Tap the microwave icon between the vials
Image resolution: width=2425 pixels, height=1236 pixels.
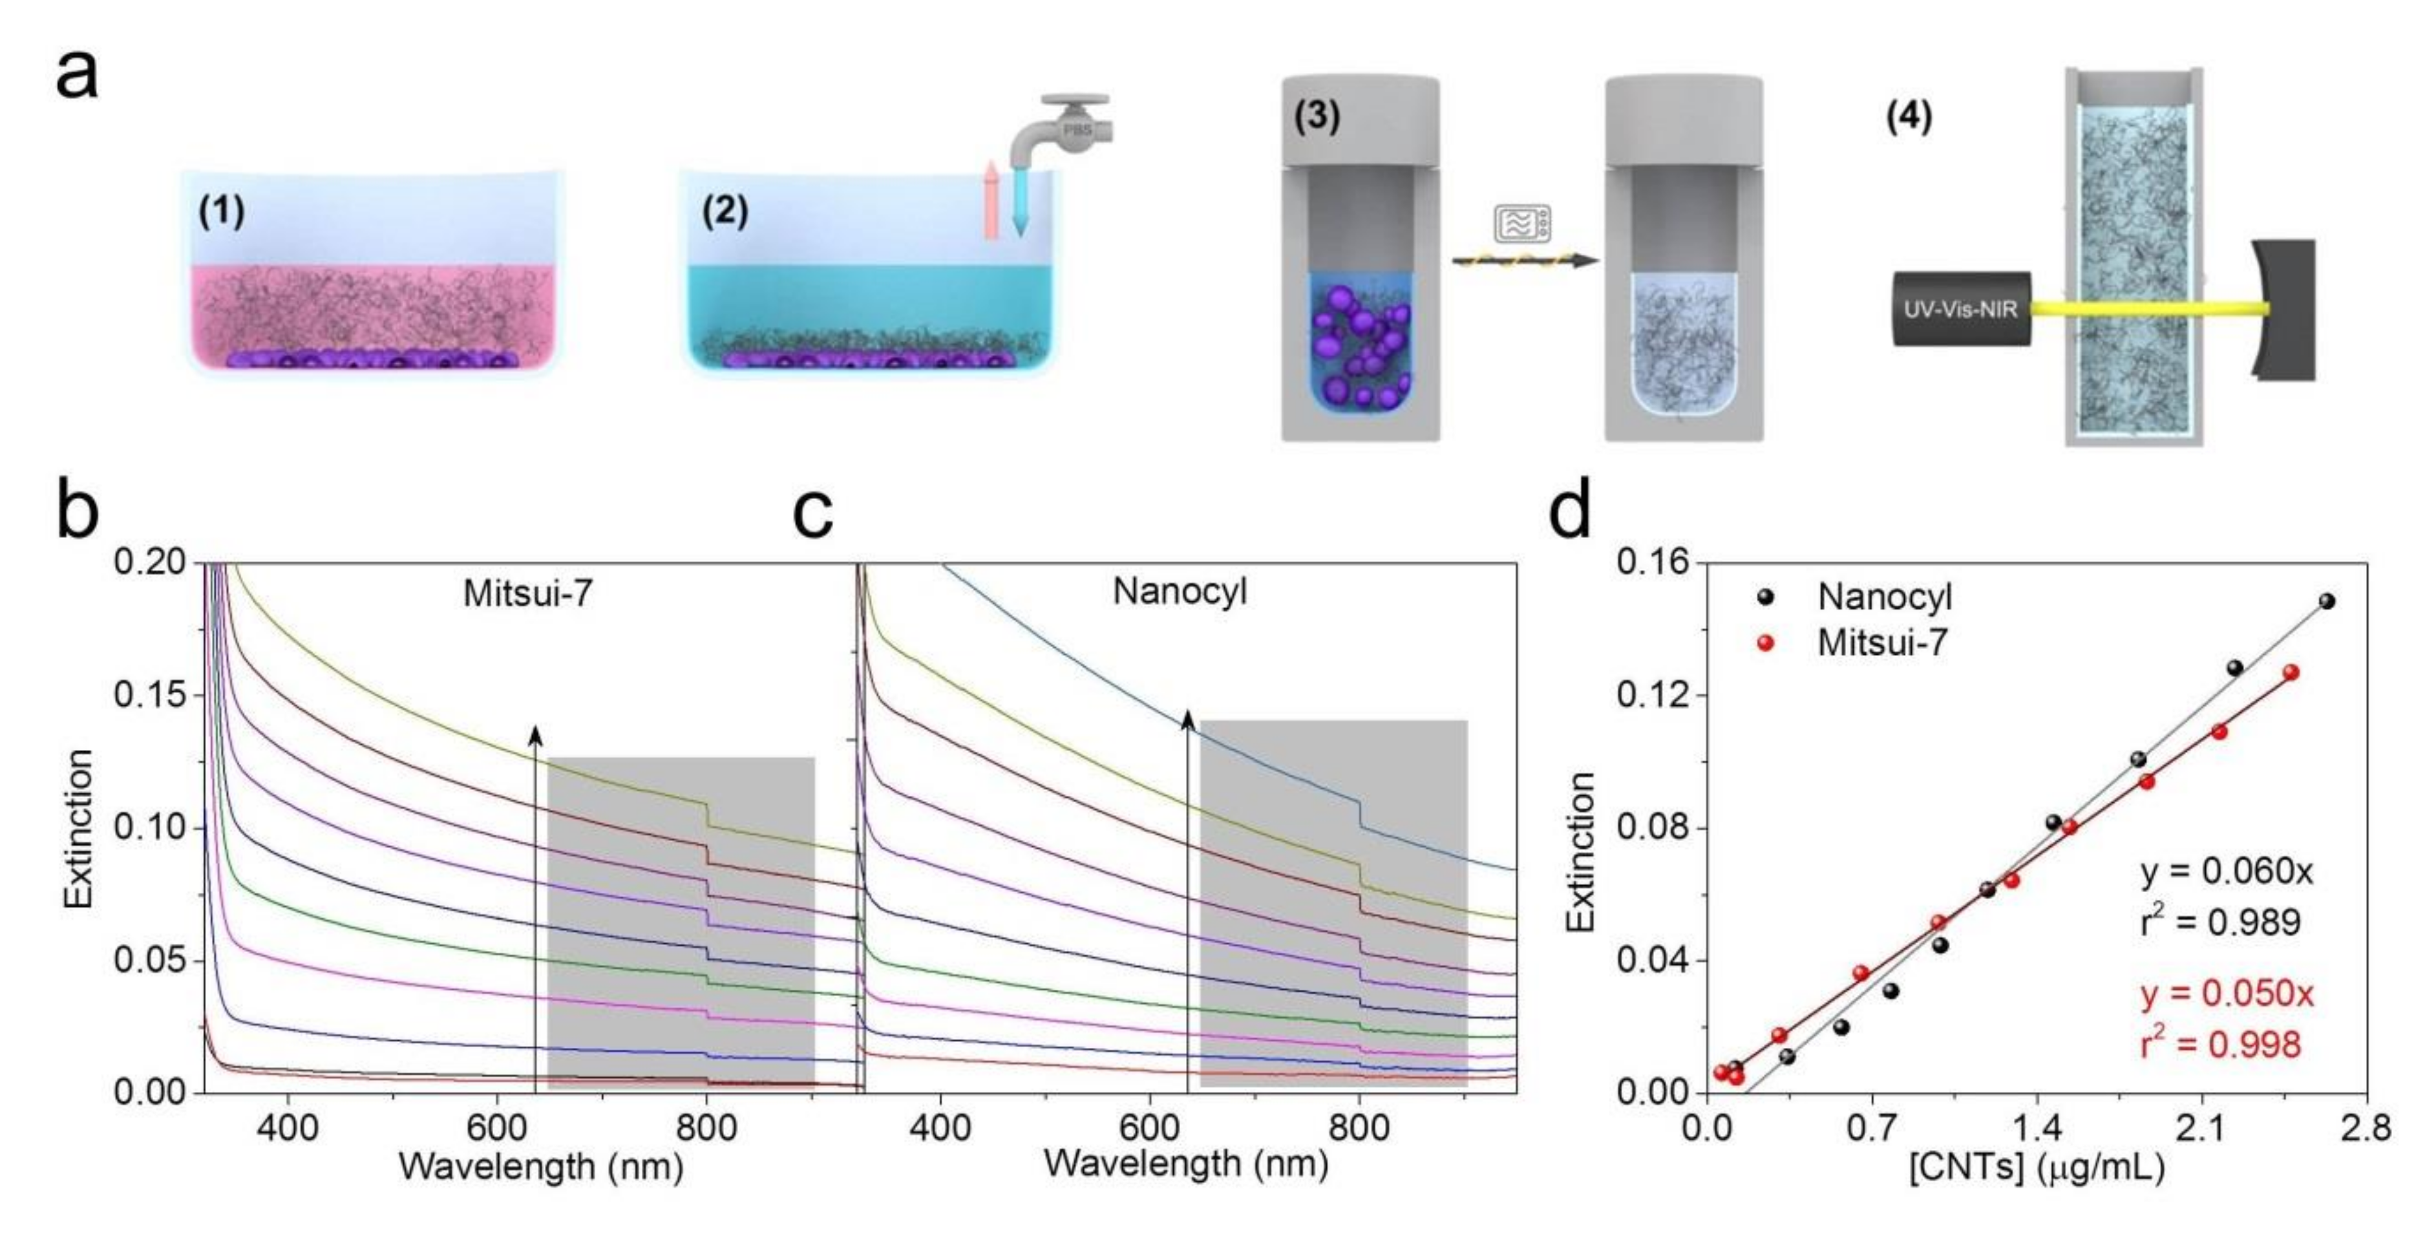tap(1521, 224)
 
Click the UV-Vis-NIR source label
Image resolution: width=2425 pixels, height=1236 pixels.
tap(1961, 309)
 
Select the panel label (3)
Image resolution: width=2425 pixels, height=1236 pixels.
tap(1316, 117)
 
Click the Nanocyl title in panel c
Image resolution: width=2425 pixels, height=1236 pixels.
tap(1180, 591)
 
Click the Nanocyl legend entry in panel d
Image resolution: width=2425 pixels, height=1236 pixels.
tap(1883, 597)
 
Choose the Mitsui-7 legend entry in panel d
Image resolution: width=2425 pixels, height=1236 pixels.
tap(1881, 643)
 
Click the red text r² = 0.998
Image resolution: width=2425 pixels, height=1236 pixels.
tap(2219, 1044)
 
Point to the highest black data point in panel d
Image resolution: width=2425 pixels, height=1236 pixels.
tap(2326, 601)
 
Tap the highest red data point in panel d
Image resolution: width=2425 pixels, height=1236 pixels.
tap(2291, 672)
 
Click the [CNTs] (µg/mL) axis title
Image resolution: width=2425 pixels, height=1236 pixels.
tap(2036, 1168)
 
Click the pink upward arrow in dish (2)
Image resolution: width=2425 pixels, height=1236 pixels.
tap(990, 200)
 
